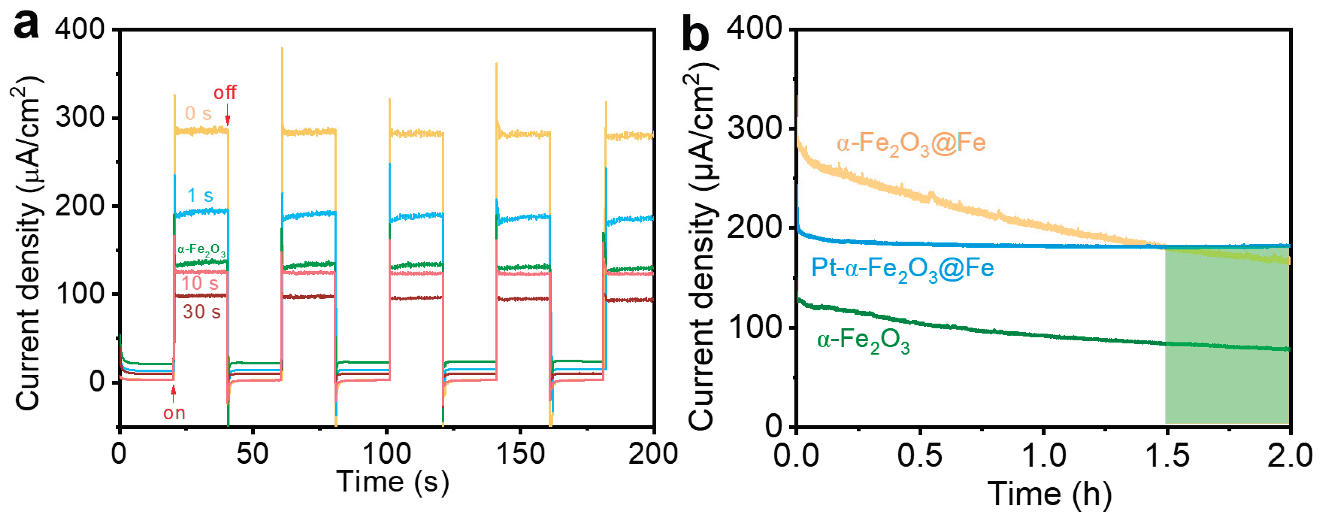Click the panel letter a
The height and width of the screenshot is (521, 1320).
click(26, 24)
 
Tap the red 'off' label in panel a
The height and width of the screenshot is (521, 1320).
click(225, 93)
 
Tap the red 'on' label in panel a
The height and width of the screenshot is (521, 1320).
click(174, 413)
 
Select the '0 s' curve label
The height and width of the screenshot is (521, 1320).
click(198, 114)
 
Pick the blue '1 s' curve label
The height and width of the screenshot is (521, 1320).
click(200, 195)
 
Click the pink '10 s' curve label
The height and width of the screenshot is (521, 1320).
click(200, 283)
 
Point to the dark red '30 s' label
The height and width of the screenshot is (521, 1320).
click(202, 312)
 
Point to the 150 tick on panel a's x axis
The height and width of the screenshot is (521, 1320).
click(520, 454)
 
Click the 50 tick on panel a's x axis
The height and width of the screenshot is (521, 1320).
click(253, 454)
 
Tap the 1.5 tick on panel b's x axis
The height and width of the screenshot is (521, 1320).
click(1166, 455)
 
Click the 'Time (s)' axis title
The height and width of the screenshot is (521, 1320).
click(393, 481)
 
